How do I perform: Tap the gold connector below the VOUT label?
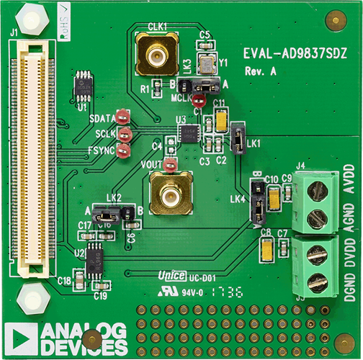(170, 194)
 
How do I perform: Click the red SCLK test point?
(125, 134)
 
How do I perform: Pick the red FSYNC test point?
(124, 150)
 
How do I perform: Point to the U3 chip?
(189, 132)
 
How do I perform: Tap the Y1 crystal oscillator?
(207, 63)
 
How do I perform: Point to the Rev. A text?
(260, 72)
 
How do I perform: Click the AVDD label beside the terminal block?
(349, 186)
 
